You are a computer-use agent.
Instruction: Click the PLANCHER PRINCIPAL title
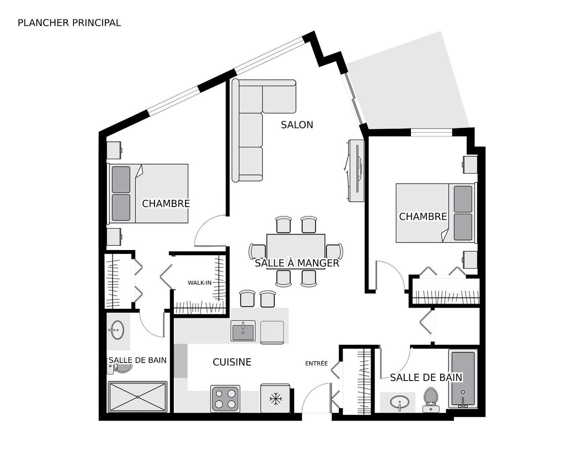pos(69,23)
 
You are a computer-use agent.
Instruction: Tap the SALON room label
pos(297,125)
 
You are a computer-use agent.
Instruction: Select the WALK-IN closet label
pos(200,283)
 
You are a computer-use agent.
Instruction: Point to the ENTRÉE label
pos(316,363)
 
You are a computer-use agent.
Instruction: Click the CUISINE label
pos(232,363)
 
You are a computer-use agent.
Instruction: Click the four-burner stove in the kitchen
pos(225,399)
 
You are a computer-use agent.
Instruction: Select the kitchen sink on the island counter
pos(243,331)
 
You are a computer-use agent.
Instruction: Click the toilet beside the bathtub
pos(431,399)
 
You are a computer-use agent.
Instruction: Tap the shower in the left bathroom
pos(137,396)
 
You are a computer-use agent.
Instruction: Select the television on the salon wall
pos(355,170)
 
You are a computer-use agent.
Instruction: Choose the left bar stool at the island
pos(247,299)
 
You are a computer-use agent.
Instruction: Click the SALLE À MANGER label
pos(297,263)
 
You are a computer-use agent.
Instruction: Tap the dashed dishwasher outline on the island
pos(272,332)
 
